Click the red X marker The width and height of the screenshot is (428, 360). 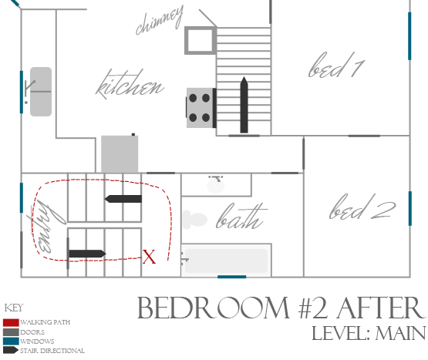click(149, 257)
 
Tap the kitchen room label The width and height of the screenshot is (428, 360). click(130, 85)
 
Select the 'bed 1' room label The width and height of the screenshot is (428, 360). click(336, 65)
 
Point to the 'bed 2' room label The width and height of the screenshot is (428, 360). click(362, 207)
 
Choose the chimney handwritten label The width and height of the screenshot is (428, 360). click(160, 20)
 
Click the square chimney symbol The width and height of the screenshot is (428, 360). click(201, 40)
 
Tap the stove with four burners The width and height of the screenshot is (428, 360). click(201, 108)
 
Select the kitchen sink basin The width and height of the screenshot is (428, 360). click(41, 92)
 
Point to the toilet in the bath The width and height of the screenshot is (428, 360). click(194, 219)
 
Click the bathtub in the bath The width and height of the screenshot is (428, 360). click(226, 261)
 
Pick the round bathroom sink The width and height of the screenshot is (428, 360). click(216, 186)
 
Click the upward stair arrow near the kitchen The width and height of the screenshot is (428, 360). click(244, 105)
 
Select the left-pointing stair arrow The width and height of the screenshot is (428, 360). click(123, 199)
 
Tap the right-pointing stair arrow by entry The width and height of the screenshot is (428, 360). click(87, 254)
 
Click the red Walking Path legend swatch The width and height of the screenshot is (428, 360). click(11, 322)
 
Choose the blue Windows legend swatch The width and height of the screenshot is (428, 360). click(11, 341)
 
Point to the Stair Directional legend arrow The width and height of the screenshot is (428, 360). click(11, 350)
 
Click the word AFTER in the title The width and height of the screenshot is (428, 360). click(381, 308)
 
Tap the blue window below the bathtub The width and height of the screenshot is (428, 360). click(232, 277)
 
